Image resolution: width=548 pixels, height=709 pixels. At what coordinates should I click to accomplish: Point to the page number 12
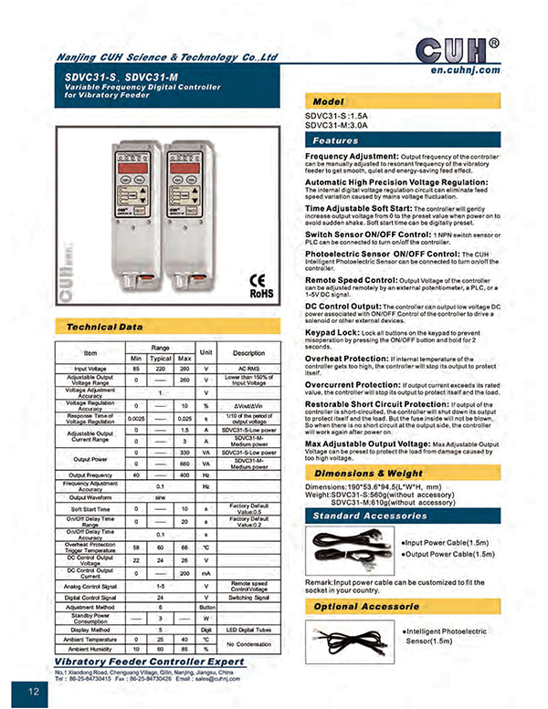(x=34, y=692)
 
